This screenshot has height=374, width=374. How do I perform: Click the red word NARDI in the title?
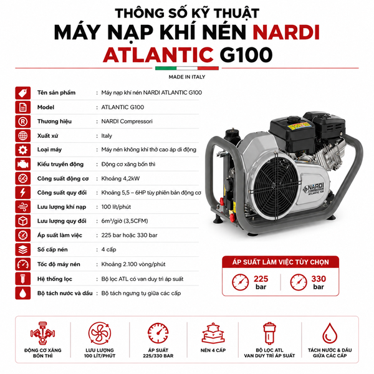[286, 32]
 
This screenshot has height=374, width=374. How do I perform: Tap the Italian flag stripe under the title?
[187, 68]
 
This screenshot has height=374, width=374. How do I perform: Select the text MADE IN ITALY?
[187, 77]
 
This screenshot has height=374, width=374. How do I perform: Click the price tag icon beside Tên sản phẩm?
[23, 93]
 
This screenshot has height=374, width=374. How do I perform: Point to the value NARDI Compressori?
[127, 122]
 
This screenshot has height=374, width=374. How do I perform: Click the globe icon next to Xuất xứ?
[23, 136]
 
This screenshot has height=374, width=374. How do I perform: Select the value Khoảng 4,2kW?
[120, 178]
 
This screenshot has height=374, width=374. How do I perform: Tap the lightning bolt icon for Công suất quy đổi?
[23, 193]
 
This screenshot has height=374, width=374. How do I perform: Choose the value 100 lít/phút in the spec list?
[116, 207]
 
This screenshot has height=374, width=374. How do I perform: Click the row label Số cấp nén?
[52, 249]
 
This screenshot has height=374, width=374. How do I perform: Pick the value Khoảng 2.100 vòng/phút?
[133, 264]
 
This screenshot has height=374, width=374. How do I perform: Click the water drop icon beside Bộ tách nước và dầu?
[23, 293]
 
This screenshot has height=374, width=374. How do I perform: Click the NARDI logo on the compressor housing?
[314, 189]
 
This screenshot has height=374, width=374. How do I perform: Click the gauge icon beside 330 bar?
[299, 282]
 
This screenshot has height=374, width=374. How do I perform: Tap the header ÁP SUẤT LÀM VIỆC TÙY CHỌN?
[280, 262]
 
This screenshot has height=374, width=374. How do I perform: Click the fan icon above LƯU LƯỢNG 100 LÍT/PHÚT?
[100, 333]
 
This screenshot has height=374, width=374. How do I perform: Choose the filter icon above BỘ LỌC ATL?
[269, 333]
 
